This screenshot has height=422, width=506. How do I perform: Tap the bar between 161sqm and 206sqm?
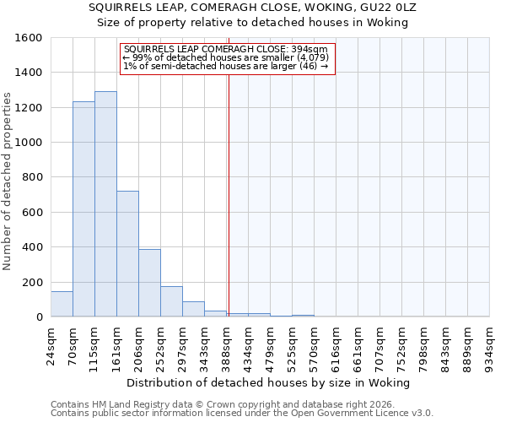127,253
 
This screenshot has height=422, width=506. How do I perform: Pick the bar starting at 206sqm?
149,283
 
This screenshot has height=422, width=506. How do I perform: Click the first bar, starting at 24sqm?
62,304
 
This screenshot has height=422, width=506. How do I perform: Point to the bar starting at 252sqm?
171,301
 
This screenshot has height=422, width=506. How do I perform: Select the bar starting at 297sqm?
193,309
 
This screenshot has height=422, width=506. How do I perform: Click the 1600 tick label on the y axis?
29,38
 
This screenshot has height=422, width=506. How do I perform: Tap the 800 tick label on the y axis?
32,177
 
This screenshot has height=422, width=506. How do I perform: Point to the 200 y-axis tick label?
32,282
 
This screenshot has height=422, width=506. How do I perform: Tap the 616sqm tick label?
336,343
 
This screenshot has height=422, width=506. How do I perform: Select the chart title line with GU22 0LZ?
252,7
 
